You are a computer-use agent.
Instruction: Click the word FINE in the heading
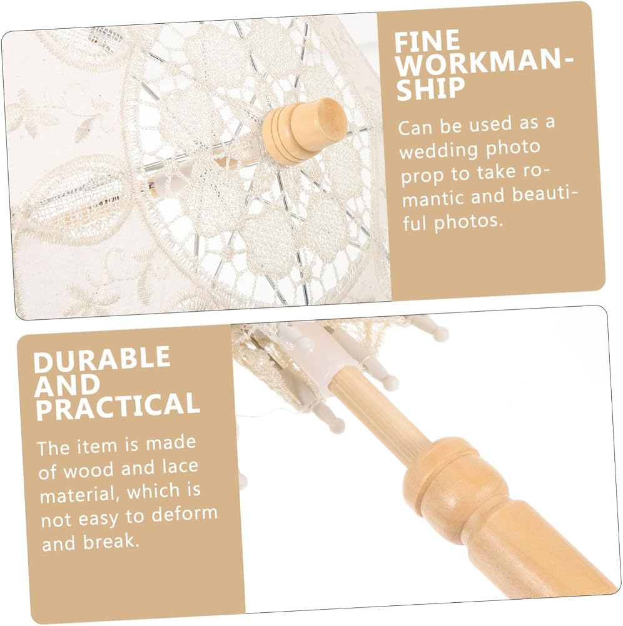427,41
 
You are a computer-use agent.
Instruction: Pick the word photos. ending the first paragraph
469,221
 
